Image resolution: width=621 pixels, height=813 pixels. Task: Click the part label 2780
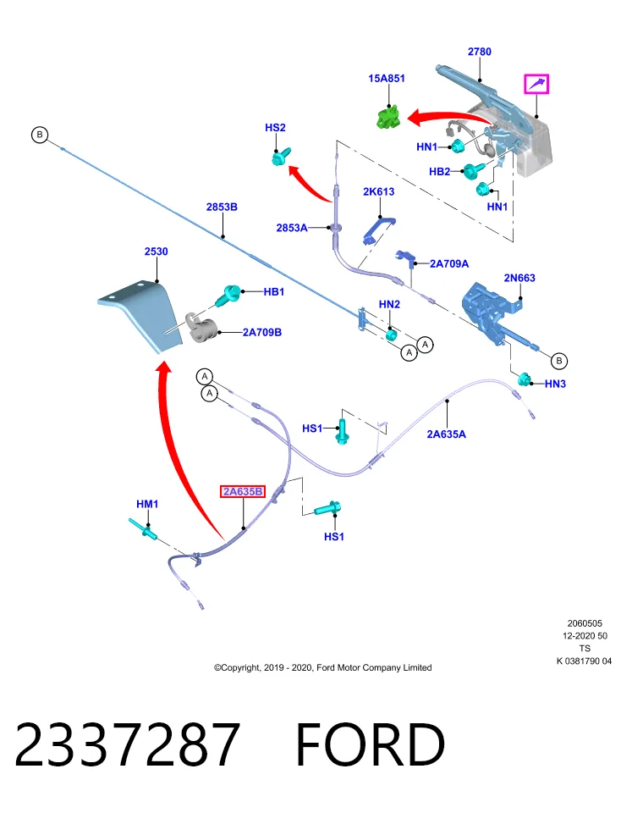pyautogui.click(x=479, y=52)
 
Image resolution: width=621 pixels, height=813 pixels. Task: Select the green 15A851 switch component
pyautogui.click(x=388, y=116)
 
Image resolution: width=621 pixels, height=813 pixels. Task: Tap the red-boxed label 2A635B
pyautogui.click(x=243, y=491)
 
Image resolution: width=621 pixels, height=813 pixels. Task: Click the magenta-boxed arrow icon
pyautogui.click(x=536, y=84)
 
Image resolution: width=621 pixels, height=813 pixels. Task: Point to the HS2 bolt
pyautogui.click(x=281, y=156)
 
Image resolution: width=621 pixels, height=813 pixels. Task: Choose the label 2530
pyautogui.click(x=156, y=252)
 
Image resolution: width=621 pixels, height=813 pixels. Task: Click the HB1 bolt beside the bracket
pyautogui.click(x=227, y=296)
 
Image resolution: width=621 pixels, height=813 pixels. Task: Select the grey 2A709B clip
pyautogui.click(x=201, y=328)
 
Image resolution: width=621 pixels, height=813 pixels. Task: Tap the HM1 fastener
pyautogui.click(x=144, y=528)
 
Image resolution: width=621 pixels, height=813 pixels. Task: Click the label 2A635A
pyautogui.click(x=446, y=434)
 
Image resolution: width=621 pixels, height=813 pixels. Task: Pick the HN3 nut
pyautogui.click(x=525, y=379)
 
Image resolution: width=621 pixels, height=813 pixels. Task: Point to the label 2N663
pyautogui.click(x=519, y=278)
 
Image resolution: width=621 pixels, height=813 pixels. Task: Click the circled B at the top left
pyautogui.click(x=40, y=135)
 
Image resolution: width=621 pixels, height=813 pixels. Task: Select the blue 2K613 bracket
pyautogui.click(x=380, y=228)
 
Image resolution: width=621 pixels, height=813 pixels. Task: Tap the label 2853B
pyautogui.click(x=222, y=207)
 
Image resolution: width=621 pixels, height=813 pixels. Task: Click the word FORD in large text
pyautogui.click(x=371, y=745)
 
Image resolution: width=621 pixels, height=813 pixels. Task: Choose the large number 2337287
pyautogui.click(x=127, y=745)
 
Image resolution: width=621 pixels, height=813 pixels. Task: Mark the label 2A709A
pyautogui.click(x=449, y=264)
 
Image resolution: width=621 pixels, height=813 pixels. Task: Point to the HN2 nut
pyautogui.click(x=392, y=335)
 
